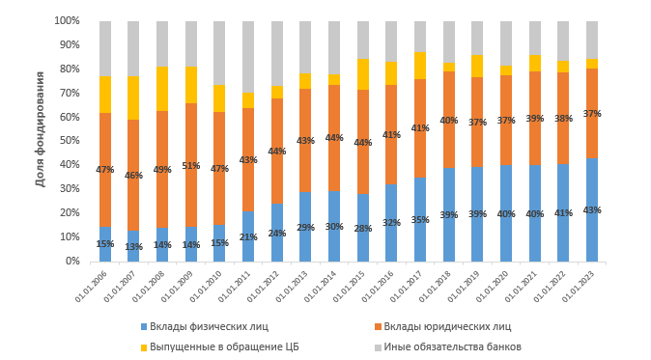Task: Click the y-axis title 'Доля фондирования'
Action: point(41,141)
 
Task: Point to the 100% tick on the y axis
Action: point(68,20)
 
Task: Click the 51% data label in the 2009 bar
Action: point(190,166)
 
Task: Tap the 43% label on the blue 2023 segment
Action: point(591,210)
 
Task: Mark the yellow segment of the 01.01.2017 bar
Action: point(420,66)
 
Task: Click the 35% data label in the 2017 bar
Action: point(420,220)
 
